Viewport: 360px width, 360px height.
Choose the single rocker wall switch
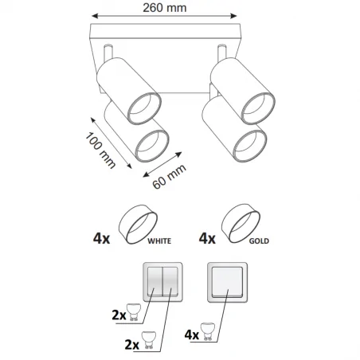point(228,283)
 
